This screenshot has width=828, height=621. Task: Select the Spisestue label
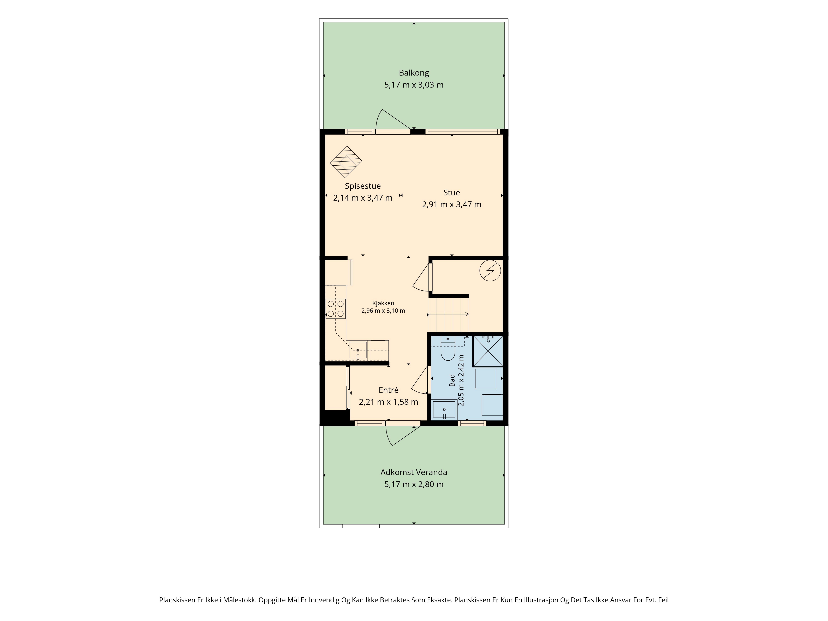click(363, 186)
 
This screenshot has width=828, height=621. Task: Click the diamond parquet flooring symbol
click(346, 162)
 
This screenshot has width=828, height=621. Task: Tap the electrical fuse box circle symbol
click(490, 271)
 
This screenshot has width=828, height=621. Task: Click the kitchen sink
click(358, 350)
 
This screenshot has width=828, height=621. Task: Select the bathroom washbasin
click(444, 409)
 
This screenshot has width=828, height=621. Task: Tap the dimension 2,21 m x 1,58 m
click(389, 402)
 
